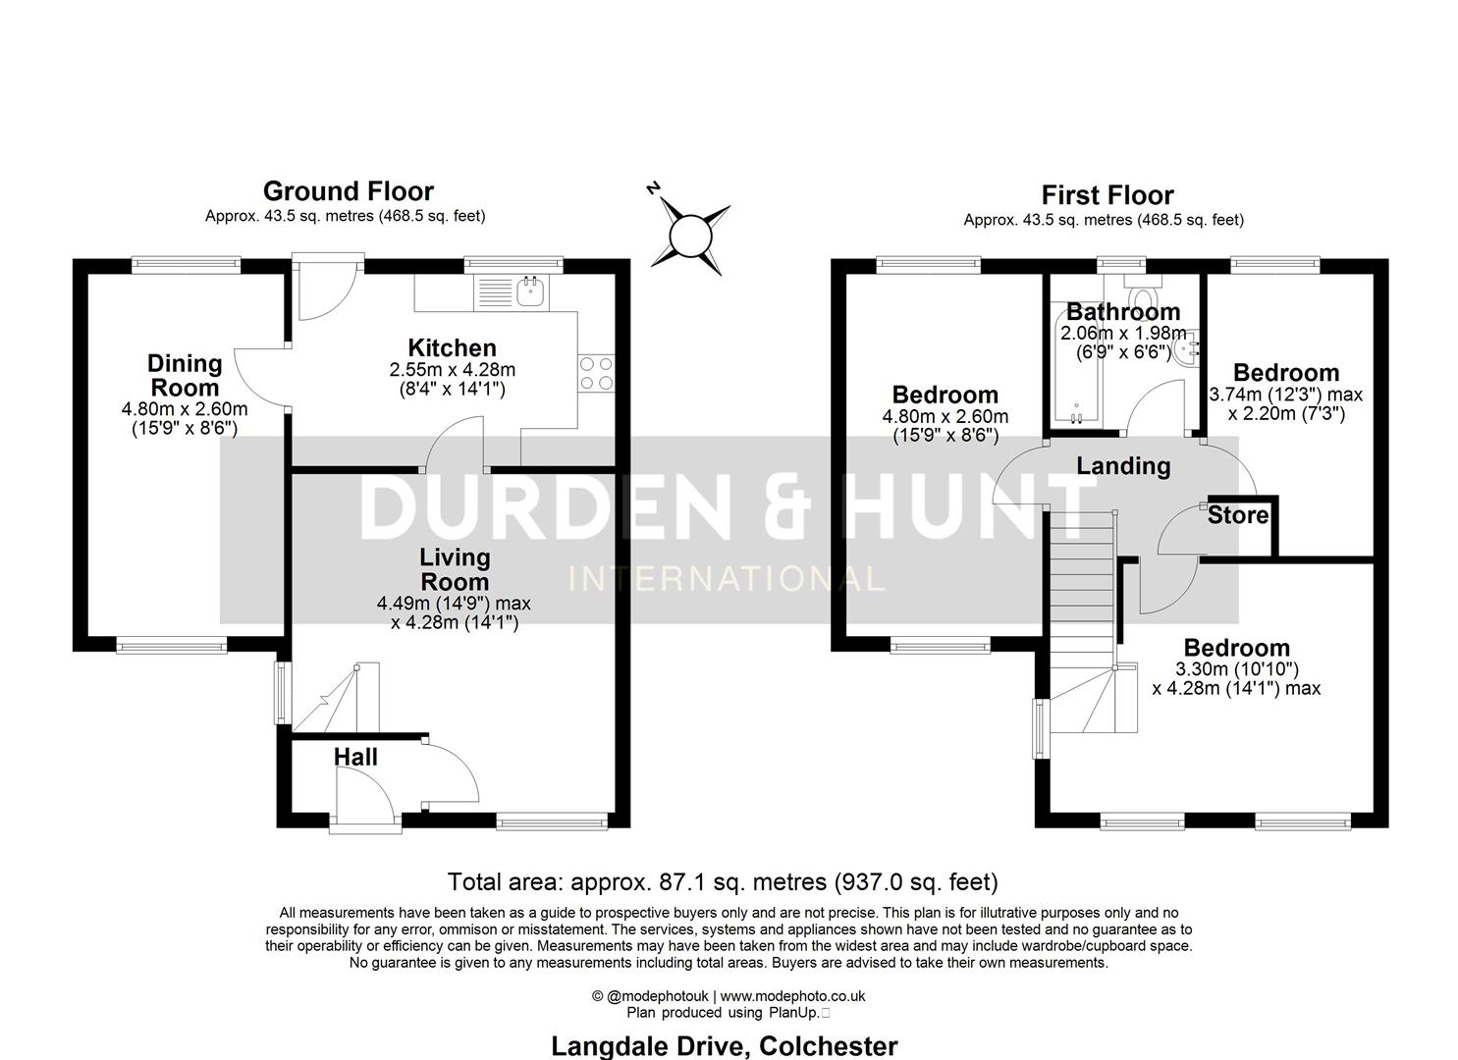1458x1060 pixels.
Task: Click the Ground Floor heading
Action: (348, 190)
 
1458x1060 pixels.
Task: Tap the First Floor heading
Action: (1107, 194)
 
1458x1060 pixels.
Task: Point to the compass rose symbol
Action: (689, 235)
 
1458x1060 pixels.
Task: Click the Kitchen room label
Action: (452, 347)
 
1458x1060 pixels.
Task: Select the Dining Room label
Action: (185, 375)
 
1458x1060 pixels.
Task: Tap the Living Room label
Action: (455, 569)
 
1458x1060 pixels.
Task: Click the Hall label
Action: (355, 757)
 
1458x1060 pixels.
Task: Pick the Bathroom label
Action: (1123, 312)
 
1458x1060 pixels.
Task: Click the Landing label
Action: (1123, 465)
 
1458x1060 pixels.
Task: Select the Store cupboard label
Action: (1237, 515)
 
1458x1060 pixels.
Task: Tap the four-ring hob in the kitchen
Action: (596, 373)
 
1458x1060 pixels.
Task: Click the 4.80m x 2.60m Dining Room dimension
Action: (185, 409)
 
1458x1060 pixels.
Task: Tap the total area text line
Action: (723, 881)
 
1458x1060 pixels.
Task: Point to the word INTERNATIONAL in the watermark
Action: (727, 578)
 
